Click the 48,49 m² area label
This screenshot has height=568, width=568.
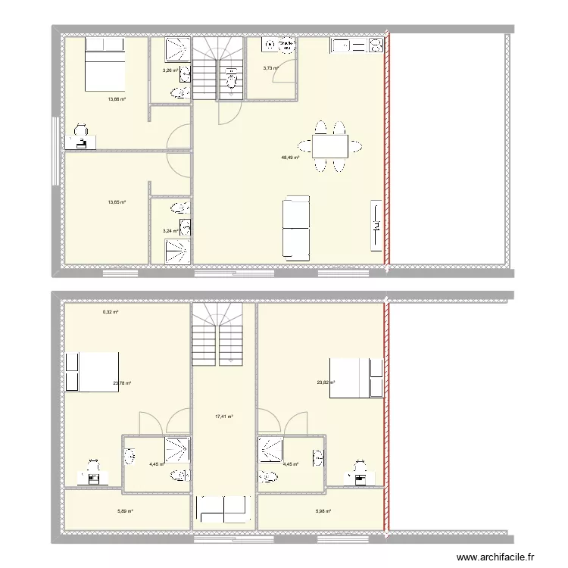(289, 158)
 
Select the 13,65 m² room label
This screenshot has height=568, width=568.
(116, 202)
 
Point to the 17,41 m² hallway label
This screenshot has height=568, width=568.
(223, 416)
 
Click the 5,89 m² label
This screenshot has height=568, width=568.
(125, 511)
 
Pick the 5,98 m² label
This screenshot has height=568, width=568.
(323, 511)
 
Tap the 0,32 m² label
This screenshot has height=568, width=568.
(111, 311)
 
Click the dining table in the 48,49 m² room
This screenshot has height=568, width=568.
(329, 145)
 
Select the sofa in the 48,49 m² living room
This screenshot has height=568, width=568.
(296, 226)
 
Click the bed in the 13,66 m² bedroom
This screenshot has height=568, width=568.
(104, 64)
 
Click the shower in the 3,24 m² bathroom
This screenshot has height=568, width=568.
(179, 250)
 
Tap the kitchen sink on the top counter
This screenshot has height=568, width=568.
(340, 46)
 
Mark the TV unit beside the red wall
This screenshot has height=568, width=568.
(376, 226)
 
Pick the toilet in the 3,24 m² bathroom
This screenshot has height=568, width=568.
(180, 208)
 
